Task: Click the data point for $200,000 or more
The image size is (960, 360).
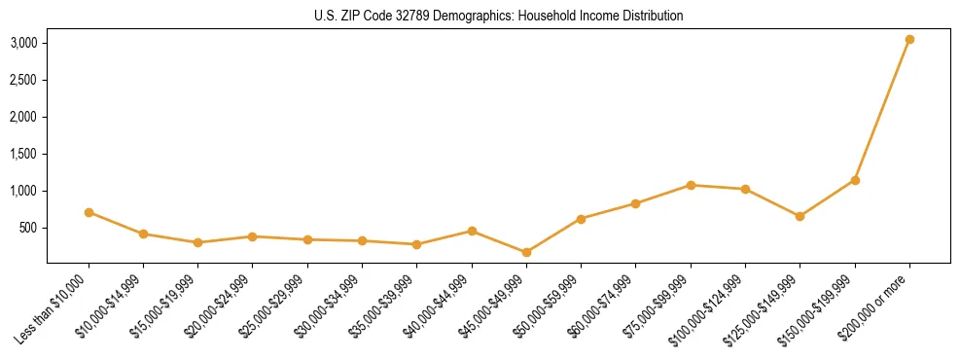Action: pyautogui.click(x=909, y=39)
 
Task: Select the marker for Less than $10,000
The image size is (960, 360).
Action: pyautogui.click(x=89, y=212)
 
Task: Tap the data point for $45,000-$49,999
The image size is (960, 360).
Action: pyautogui.click(x=526, y=252)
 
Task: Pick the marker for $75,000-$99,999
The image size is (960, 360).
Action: pyautogui.click(x=691, y=185)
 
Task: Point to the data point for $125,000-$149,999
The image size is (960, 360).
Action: pyautogui.click(x=800, y=216)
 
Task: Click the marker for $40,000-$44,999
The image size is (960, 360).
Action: pyautogui.click(x=472, y=231)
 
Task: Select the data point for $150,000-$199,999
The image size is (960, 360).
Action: pyautogui.click(x=855, y=180)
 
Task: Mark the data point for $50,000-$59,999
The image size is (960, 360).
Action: pyautogui.click(x=581, y=219)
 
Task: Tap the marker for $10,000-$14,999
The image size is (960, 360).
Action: pyautogui.click(x=143, y=234)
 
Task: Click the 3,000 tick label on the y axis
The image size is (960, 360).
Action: pyautogui.click(x=24, y=43)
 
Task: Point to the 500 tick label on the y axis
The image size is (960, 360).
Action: pyautogui.click(x=29, y=228)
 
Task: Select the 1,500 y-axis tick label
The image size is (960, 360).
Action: pyautogui.click(x=24, y=154)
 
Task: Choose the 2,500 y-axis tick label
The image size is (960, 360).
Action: pyautogui.click(x=24, y=80)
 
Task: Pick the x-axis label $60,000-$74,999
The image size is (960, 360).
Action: pyautogui.click(x=601, y=308)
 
